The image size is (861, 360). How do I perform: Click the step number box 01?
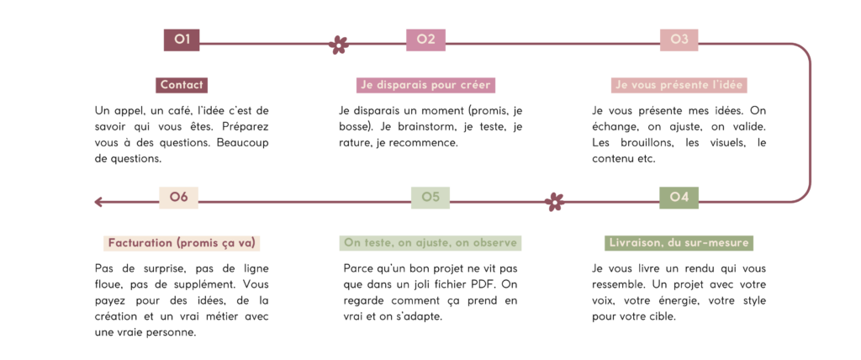click(x=182, y=40)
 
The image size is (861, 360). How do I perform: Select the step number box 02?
click(x=425, y=40)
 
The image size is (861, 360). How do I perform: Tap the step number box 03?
click(x=679, y=40)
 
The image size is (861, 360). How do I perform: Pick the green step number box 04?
click(x=679, y=198)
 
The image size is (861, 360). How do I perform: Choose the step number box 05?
click(x=430, y=198)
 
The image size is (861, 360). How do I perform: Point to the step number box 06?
click(x=178, y=198)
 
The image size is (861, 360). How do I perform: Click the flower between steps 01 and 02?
click(x=338, y=44)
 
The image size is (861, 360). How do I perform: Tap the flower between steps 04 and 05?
click(x=555, y=202)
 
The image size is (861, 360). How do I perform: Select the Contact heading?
click(x=182, y=85)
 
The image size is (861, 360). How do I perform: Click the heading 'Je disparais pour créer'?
click(x=425, y=85)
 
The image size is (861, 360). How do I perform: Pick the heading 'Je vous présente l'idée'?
click(x=679, y=85)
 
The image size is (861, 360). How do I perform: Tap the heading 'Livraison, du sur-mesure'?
click(x=679, y=243)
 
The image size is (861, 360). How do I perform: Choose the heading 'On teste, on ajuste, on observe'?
click(x=430, y=243)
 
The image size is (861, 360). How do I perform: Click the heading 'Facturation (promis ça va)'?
click(x=182, y=243)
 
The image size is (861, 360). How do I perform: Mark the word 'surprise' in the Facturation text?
click(x=149, y=269)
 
